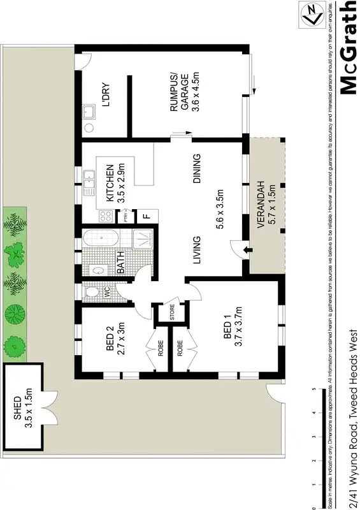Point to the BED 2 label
tap(110, 340)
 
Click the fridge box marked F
tap(147, 215)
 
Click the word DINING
tap(197, 169)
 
